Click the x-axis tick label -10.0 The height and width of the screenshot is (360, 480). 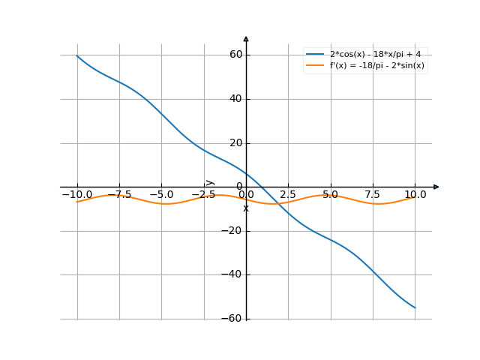(76, 195)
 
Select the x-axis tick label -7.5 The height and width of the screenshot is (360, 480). (118, 195)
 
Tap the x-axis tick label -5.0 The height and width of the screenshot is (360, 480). (161, 195)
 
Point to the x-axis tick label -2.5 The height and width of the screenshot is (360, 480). (203, 195)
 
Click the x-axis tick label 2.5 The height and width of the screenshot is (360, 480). (288, 195)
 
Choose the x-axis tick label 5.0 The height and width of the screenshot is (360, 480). (330, 195)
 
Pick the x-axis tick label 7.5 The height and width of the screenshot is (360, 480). (373, 195)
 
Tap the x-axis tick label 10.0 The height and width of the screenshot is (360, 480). (415, 195)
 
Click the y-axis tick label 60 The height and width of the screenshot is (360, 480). (235, 55)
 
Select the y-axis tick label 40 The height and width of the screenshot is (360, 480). (235, 99)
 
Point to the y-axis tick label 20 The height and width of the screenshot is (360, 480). (235, 143)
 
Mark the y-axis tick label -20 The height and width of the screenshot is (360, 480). (232, 231)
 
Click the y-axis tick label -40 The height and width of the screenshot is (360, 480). (232, 275)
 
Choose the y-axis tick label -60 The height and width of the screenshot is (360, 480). (232, 319)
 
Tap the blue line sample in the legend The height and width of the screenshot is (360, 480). (315, 55)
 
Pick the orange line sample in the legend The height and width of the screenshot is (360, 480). (315, 66)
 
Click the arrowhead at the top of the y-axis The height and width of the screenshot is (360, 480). (246, 38)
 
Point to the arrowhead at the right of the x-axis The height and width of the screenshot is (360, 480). (436, 187)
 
